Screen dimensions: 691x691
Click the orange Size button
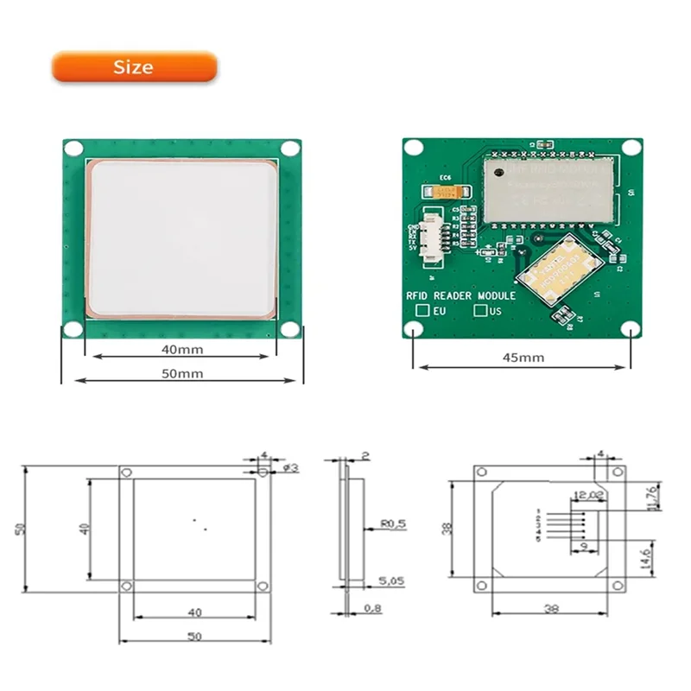click(x=134, y=67)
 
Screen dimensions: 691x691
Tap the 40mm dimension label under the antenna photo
click(x=181, y=350)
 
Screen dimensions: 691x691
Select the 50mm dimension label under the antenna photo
click(x=182, y=373)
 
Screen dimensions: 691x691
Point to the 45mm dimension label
click(x=523, y=357)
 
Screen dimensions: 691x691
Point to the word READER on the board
click(x=460, y=295)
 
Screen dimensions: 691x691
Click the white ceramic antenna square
click(x=181, y=237)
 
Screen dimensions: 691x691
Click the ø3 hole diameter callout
click(x=290, y=467)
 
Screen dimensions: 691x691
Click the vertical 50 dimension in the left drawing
click(x=18, y=529)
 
